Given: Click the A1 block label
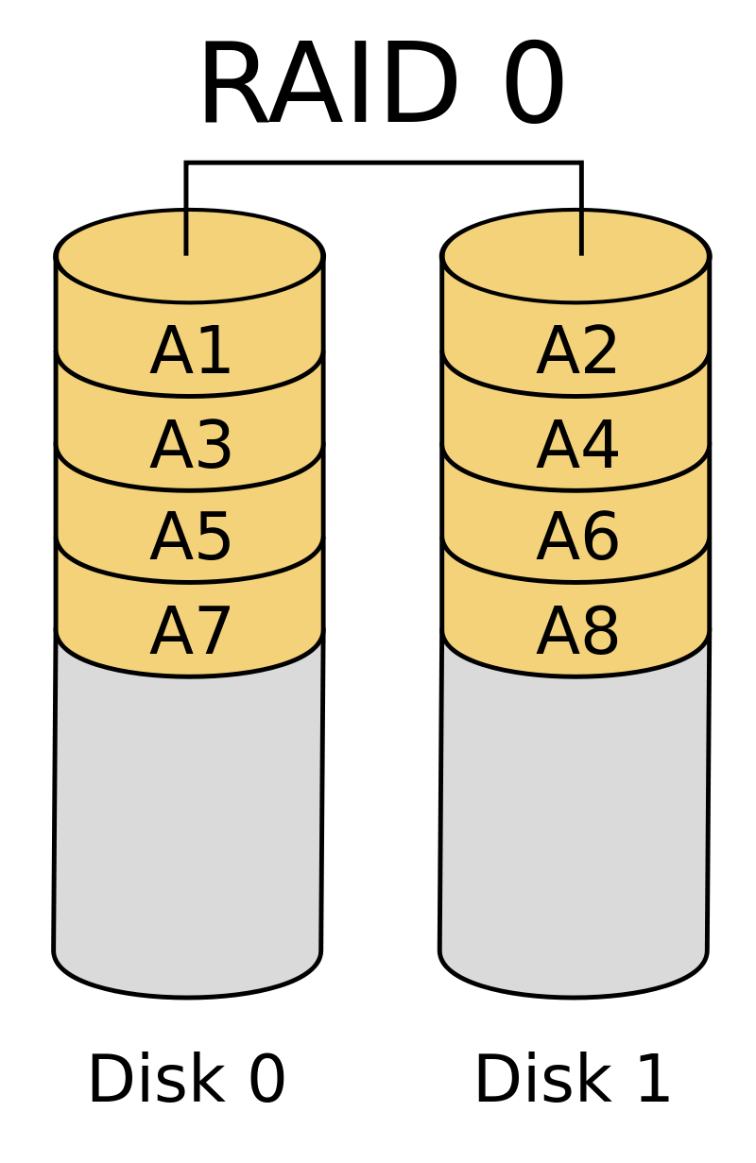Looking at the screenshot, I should [x=191, y=351].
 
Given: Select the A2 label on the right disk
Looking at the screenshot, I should [x=577, y=351].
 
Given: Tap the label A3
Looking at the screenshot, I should [x=191, y=445].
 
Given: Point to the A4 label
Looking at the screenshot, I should [x=577, y=445].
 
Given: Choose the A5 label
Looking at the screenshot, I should [x=191, y=537].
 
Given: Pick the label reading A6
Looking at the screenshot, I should [x=577, y=537].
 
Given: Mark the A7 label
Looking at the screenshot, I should [x=191, y=630].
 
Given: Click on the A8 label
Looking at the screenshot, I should [x=577, y=630].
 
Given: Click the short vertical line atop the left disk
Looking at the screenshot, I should [x=186, y=232].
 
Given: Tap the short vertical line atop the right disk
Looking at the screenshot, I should [x=581, y=232].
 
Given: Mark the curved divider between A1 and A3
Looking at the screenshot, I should [x=190, y=395].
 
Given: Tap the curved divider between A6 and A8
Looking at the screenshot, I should [x=576, y=582].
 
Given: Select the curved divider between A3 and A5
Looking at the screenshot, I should [x=190, y=489].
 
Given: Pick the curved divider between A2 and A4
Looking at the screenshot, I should [x=576, y=395].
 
